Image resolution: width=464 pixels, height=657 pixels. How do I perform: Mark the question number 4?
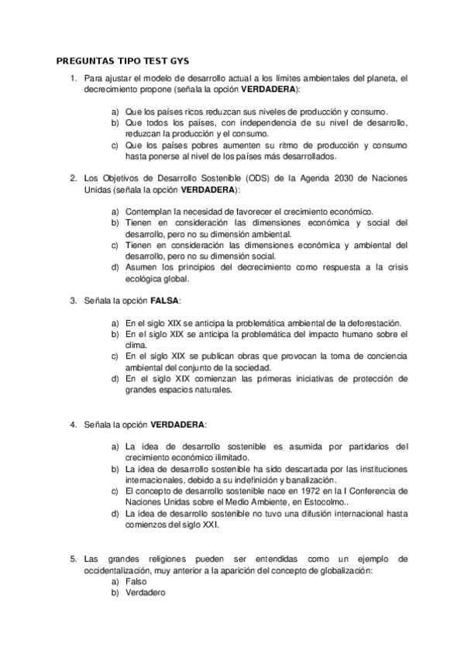click(73, 425)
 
